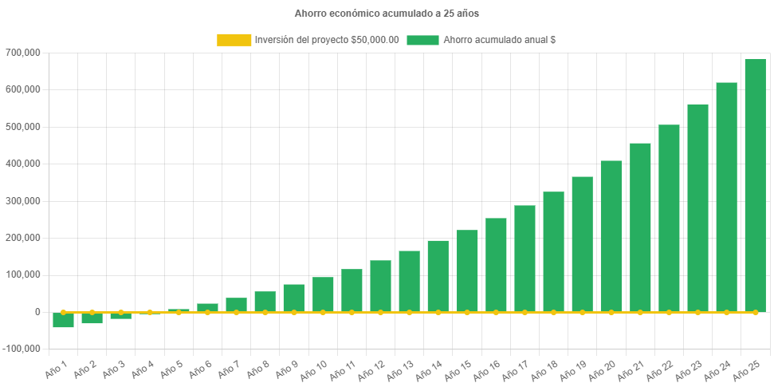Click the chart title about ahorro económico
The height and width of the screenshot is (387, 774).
(x=387, y=14)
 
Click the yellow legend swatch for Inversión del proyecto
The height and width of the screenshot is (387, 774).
(x=233, y=40)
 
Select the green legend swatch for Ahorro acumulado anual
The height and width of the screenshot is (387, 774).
(x=422, y=40)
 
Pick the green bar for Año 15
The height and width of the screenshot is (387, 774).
(x=467, y=271)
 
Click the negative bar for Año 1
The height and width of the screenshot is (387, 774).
(x=64, y=320)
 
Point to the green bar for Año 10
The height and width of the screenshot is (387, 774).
(x=323, y=294)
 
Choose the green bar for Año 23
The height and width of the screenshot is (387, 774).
(x=697, y=207)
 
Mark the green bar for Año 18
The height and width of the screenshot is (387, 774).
(x=553, y=251)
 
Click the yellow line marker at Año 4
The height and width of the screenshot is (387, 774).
(x=150, y=312)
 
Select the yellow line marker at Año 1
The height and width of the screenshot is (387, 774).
(x=64, y=312)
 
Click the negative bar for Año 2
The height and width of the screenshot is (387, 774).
(x=92, y=318)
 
